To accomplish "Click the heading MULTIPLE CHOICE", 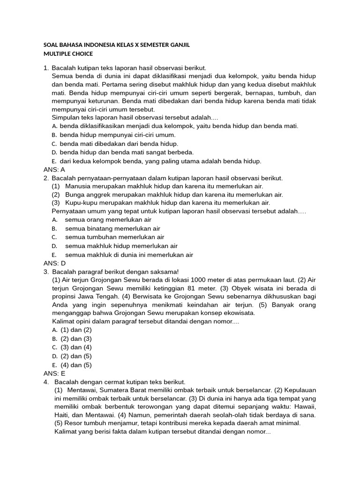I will pyautogui.click(x=68, y=54).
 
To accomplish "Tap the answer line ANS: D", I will pyautogui.click(x=54, y=263).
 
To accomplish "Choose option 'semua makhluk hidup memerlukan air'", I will pyautogui.click(x=121, y=246).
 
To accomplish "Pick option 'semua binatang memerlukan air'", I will pyautogui.click(x=115, y=228).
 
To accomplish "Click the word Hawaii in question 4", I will pyautogui.click(x=303, y=406).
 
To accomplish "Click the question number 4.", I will pyautogui.click(x=45, y=382).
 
